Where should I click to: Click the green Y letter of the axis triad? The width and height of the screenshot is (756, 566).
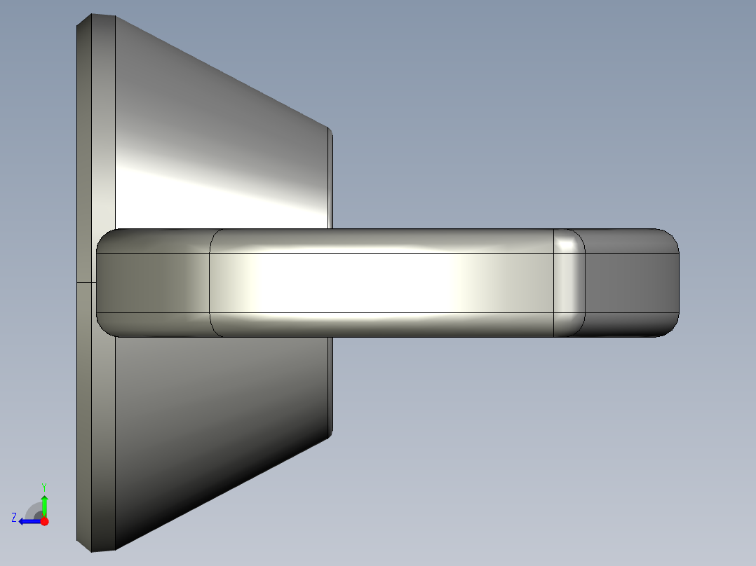click(x=44, y=486)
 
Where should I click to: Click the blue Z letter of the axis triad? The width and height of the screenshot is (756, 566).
click(x=14, y=518)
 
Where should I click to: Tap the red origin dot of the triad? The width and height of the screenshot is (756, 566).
click(x=44, y=521)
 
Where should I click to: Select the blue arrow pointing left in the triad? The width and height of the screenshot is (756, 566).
click(x=28, y=521)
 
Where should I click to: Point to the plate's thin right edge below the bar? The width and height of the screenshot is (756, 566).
click(x=330, y=385)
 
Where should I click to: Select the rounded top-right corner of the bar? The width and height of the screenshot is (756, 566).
click(x=670, y=237)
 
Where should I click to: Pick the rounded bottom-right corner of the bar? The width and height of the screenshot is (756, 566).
click(x=670, y=329)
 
